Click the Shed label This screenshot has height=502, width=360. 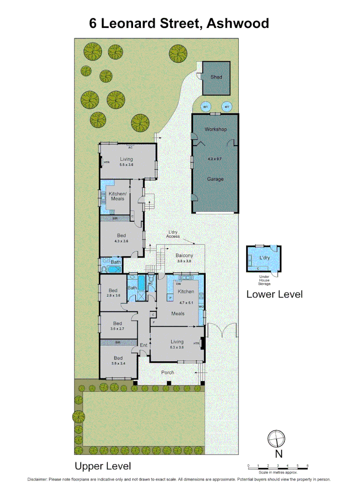click(216, 77)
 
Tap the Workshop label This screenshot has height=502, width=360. click(216, 129)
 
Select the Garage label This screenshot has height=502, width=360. click(215, 179)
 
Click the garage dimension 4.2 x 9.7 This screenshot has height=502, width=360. click(215, 159)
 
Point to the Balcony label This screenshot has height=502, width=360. click(184, 256)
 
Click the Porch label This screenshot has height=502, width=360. click(167, 372)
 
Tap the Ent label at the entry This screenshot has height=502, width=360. click(144, 345)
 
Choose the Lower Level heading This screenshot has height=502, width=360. click(274, 294)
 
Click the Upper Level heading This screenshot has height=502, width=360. click(103, 466)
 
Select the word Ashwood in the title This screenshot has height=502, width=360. click(237, 23)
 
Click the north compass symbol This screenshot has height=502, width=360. click(275, 438)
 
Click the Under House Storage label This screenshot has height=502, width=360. click(265, 280)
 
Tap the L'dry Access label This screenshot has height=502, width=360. click(173, 234)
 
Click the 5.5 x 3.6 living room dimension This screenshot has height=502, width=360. click(126, 165)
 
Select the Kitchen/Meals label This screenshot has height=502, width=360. click(117, 196)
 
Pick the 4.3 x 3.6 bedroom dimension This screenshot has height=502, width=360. click(121, 241)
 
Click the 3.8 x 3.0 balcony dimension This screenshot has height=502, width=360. click(184, 262)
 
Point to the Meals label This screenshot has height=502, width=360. click(178, 313)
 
